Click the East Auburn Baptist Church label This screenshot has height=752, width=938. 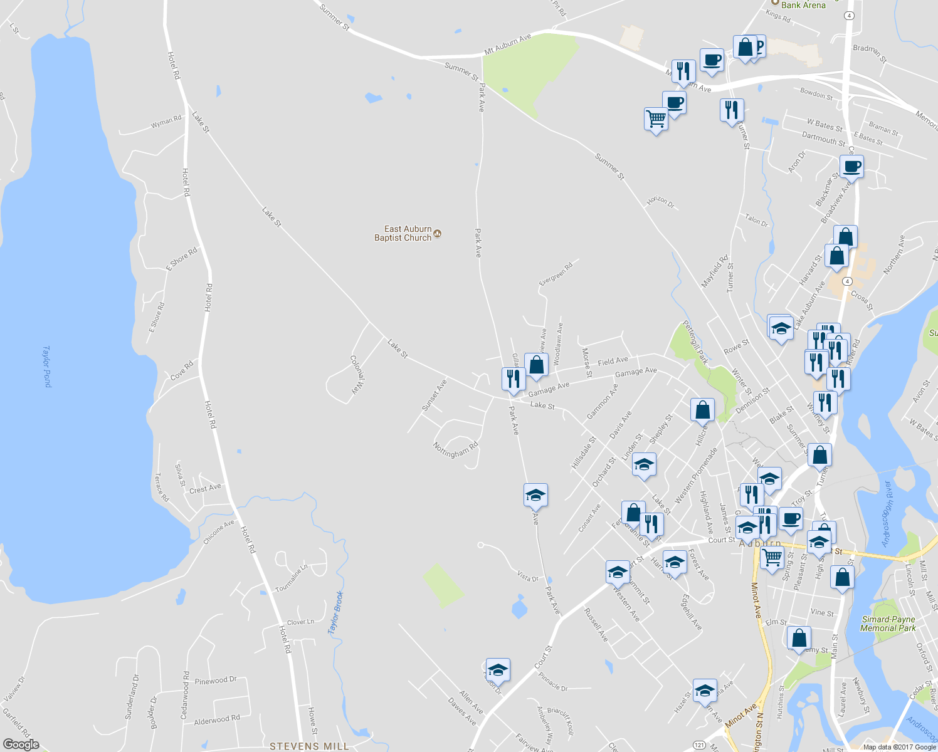(403, 233)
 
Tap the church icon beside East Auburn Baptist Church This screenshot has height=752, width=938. (438, 234)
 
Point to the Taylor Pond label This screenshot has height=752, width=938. (46, 366)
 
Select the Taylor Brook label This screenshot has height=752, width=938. (336, 612)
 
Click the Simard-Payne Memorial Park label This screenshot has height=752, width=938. (888, 624)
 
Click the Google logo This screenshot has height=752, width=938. (21, 744)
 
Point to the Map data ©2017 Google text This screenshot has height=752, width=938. (899, 747)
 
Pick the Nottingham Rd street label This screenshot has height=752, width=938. (455, 449)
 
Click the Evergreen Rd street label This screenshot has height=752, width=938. (556, 274)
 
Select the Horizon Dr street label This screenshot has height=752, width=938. (661, 202)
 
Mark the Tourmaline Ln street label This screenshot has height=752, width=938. (292, 578)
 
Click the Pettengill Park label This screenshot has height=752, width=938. (695, 342)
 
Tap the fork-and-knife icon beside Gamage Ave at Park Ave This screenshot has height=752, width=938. (513, 379)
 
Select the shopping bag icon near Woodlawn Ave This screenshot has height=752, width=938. (537, 365)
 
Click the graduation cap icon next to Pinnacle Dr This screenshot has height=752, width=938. (498, 670)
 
